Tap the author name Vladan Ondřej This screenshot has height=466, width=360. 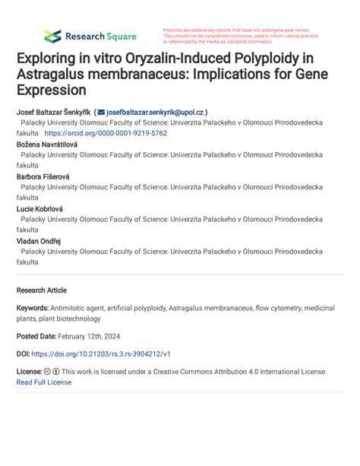tap(39, 240)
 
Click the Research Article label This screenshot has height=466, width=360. tap(42, 290)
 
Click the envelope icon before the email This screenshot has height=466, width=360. tap(101, 111)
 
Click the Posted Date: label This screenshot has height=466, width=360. tap(36, 336)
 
